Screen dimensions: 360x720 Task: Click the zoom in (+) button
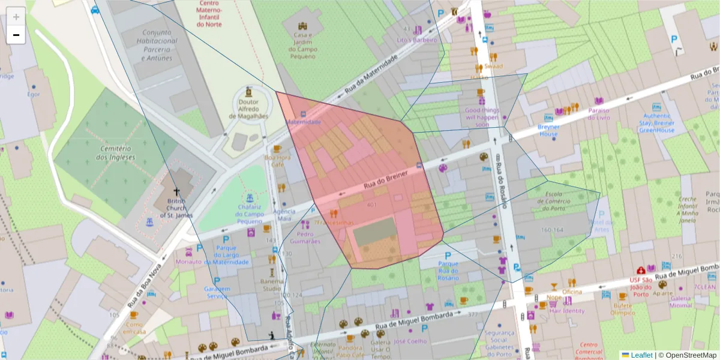tap(16, 16)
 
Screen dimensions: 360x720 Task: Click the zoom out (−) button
tap(16, 35)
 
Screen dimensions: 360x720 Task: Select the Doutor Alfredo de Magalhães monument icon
tap(248, 92)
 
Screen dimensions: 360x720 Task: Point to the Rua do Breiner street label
tap(385, 178)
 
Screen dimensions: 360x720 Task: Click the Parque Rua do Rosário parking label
tap(448, 271)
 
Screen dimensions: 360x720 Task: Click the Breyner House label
tap(548, 130)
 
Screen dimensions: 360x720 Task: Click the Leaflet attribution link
tap(641, 355)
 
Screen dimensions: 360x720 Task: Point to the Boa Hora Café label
tap(277, 161)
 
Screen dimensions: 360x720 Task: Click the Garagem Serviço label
tap(217, 292)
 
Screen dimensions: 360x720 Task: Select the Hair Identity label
tap(567, 311)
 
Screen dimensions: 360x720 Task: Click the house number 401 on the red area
tap(372, 205)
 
